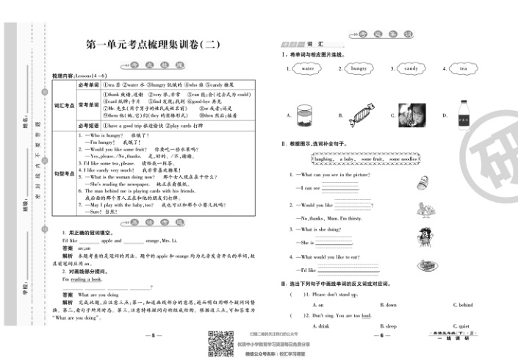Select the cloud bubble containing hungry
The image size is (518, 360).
pyautogui.click(x=358, y=68)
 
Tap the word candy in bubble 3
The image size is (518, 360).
pyautogui.click(x=411, y=68)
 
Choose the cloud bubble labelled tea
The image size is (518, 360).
pyautogui.click(x=463, y=68)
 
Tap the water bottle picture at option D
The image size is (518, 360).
pyautogui.click(x=464, y=115)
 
